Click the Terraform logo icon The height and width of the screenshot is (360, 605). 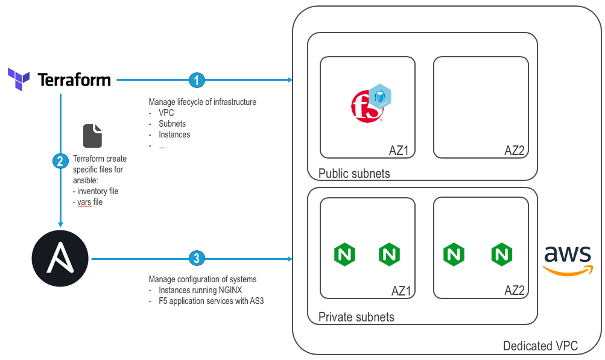pos(18,79)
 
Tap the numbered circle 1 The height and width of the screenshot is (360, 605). pos(197,80)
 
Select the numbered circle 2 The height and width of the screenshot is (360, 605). pos(60,161)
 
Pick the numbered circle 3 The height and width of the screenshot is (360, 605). pos(197,259)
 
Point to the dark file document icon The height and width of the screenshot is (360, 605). pos(92,135)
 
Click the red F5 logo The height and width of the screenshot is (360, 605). pos(364,105)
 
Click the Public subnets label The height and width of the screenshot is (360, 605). pos(354,174)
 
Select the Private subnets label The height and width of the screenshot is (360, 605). pos(356,317)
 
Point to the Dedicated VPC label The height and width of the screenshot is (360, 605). pos(540,346)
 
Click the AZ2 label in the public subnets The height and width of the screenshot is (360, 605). pos(515,150)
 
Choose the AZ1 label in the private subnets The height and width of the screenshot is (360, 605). pos(401,291)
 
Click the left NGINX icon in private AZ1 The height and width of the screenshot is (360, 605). pos(344,254)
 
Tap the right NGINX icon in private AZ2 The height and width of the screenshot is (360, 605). pos(501,254)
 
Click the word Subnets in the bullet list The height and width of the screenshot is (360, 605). pos(173,124)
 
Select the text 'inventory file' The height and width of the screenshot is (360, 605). pos(98,191)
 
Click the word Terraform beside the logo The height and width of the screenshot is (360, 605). pos(74,80)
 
